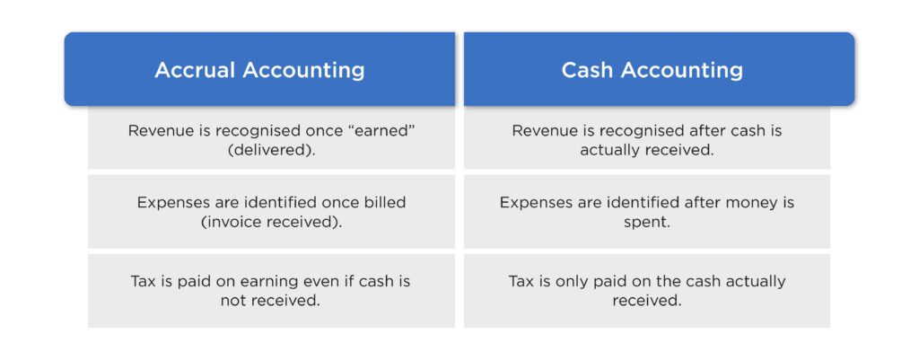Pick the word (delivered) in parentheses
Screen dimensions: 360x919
[x=271, y=150]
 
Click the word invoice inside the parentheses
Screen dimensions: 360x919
[x=234, y=222]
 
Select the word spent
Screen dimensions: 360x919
[x=647, y=222]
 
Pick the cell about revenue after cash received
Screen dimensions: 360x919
[x=647, y=140]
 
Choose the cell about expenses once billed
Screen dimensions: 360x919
[x=271, y=212]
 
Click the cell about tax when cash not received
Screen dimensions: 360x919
[x=271, y=291]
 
